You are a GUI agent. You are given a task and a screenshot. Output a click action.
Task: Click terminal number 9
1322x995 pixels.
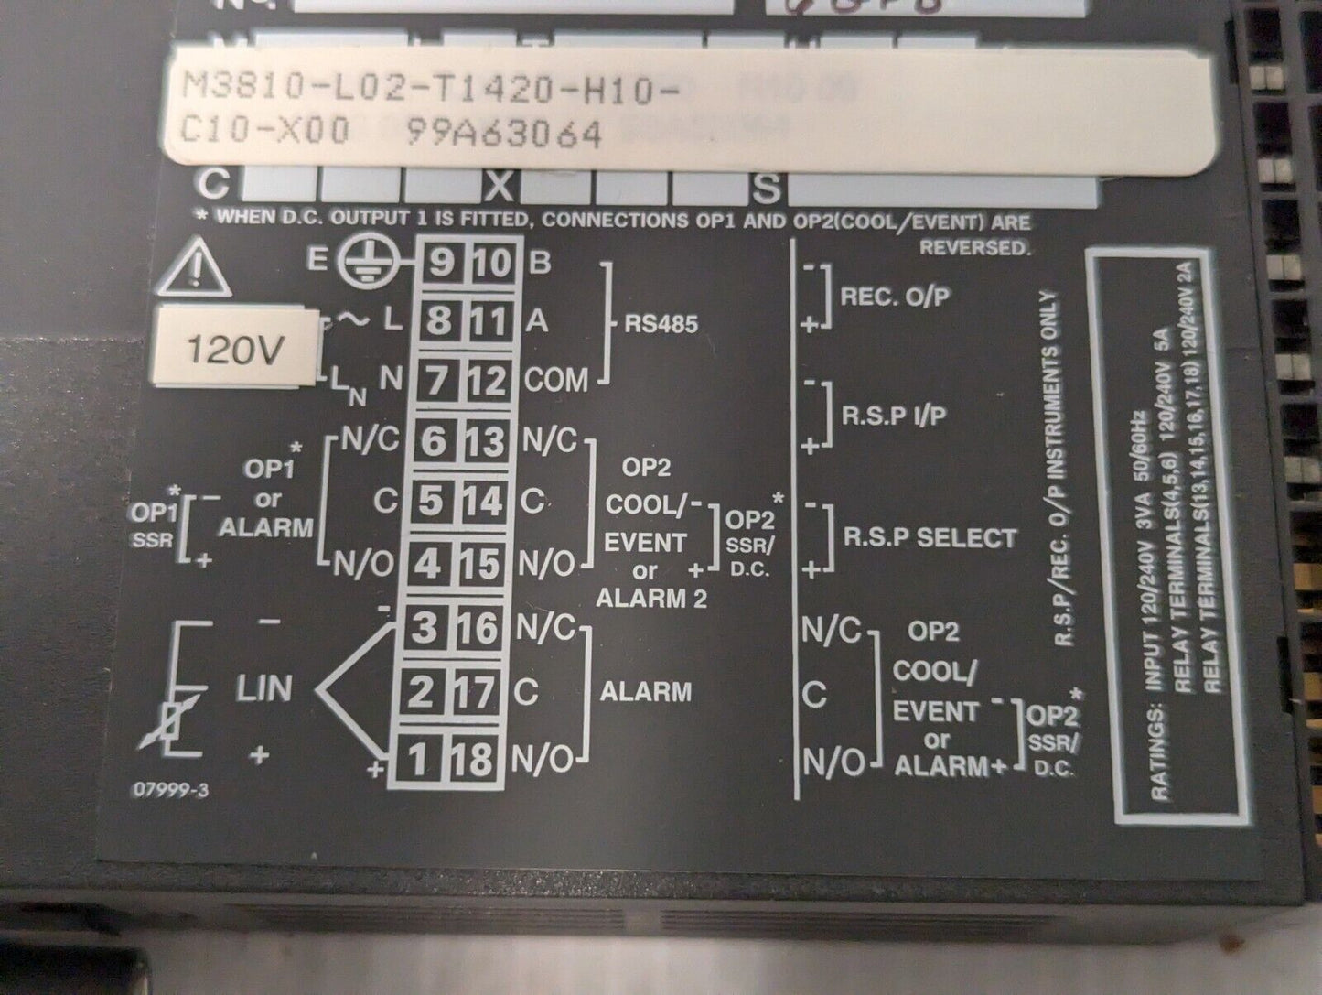[x=440, y=264]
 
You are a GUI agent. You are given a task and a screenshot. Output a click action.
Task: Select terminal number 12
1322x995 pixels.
[x=487, y=380]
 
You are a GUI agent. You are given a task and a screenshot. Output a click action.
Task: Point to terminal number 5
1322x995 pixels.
[x=432, y=502]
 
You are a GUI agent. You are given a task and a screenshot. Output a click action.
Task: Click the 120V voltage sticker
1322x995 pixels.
[x=233, y=349]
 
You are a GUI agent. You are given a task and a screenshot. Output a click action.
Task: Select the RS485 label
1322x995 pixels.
[x=661, y=324]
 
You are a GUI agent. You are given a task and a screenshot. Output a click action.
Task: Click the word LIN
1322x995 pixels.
[x=264, y=688]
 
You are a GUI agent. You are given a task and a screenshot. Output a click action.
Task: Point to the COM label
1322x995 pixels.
[x=556, y=380]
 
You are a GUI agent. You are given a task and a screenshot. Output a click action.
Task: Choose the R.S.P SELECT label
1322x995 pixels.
[x=930, y=537]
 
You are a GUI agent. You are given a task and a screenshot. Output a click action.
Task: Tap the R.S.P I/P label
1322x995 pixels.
[x=894, y=415]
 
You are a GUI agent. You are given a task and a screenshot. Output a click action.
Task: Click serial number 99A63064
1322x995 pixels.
[x=503, y=135]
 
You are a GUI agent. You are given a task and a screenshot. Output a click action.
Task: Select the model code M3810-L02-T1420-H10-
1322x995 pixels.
[x=431, y=90]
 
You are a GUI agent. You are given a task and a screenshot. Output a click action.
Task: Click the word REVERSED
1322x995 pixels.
[x=974, y=247]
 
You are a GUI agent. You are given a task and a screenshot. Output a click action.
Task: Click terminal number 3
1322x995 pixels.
[x=424, y=628]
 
